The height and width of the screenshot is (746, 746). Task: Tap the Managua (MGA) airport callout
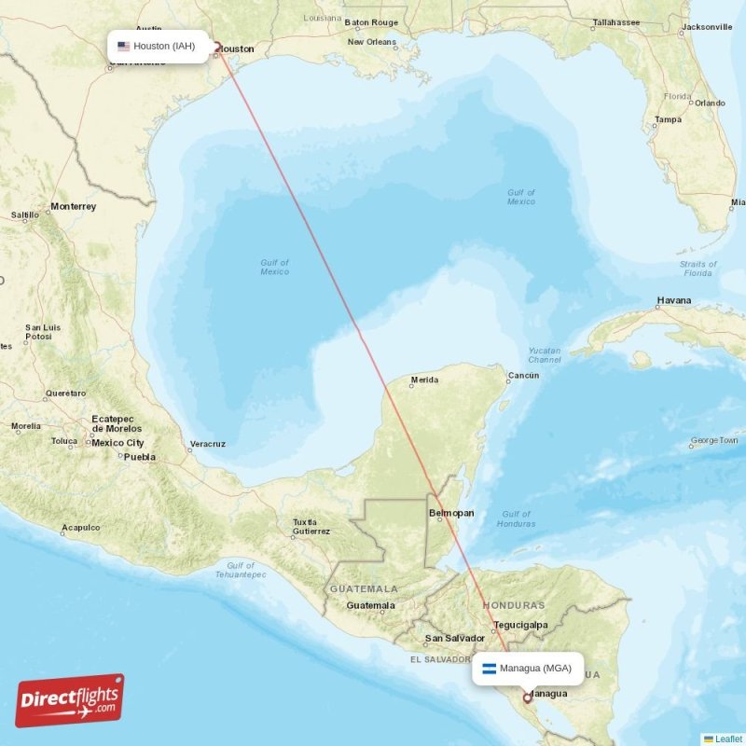click(527, 668)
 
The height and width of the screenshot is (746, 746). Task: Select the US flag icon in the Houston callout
click(123, 46)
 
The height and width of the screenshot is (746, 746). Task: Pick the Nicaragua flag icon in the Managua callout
click(489, 668)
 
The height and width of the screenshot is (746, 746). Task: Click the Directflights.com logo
click(70, 700)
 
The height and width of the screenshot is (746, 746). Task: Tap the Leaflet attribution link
click(728, 739)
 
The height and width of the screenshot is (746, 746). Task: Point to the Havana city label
click(674, 300)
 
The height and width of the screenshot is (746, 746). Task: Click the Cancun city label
click(523, 377)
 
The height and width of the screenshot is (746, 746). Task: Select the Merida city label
click(424, 380)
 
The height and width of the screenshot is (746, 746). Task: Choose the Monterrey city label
click(74, 206)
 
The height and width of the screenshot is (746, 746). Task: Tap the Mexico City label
click(117, 443)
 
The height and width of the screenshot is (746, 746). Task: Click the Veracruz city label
click(207, 444)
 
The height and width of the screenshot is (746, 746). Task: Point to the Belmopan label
click(451, 513)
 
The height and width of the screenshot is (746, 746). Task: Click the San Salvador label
click(454, 639)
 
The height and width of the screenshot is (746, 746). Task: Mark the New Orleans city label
click(371, 42)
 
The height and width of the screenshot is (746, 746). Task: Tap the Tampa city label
click(668, 119)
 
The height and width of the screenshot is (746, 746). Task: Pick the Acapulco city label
click(80, 528)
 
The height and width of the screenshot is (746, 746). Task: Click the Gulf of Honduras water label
click(516, 518)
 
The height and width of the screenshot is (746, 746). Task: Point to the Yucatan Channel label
click(545, 355)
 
